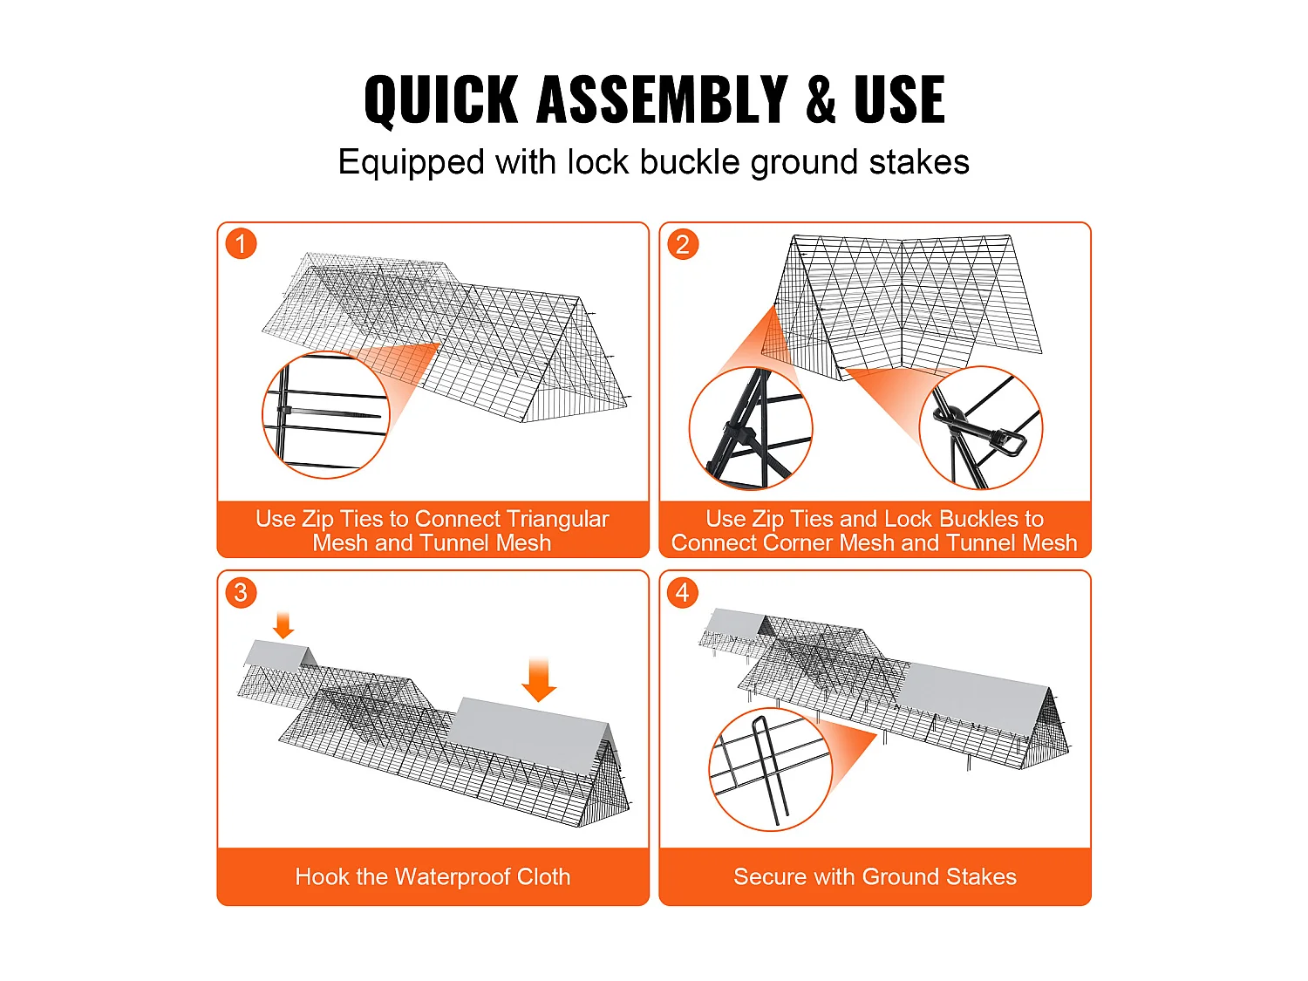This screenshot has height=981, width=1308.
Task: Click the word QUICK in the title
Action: click(441, 99)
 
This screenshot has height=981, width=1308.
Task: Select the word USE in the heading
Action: click(899, 99)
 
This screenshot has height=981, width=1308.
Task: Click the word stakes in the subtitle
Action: click(919, 162)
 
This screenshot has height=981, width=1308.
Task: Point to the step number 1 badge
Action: click(241, 243)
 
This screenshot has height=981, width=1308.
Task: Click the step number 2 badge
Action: click(683, 243)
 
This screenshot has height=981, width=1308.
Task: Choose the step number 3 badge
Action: click(241, 592)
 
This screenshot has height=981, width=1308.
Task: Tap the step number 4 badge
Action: click(683, 592)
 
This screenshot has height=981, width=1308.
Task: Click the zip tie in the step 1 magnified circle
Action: click(329, 412)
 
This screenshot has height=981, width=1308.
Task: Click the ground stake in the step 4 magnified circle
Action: click(769, 771)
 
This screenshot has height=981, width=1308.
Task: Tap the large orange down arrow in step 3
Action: click(539, 679)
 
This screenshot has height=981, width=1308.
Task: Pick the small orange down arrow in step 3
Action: click(283, 625)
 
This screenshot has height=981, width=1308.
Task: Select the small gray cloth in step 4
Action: click(734, 623)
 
